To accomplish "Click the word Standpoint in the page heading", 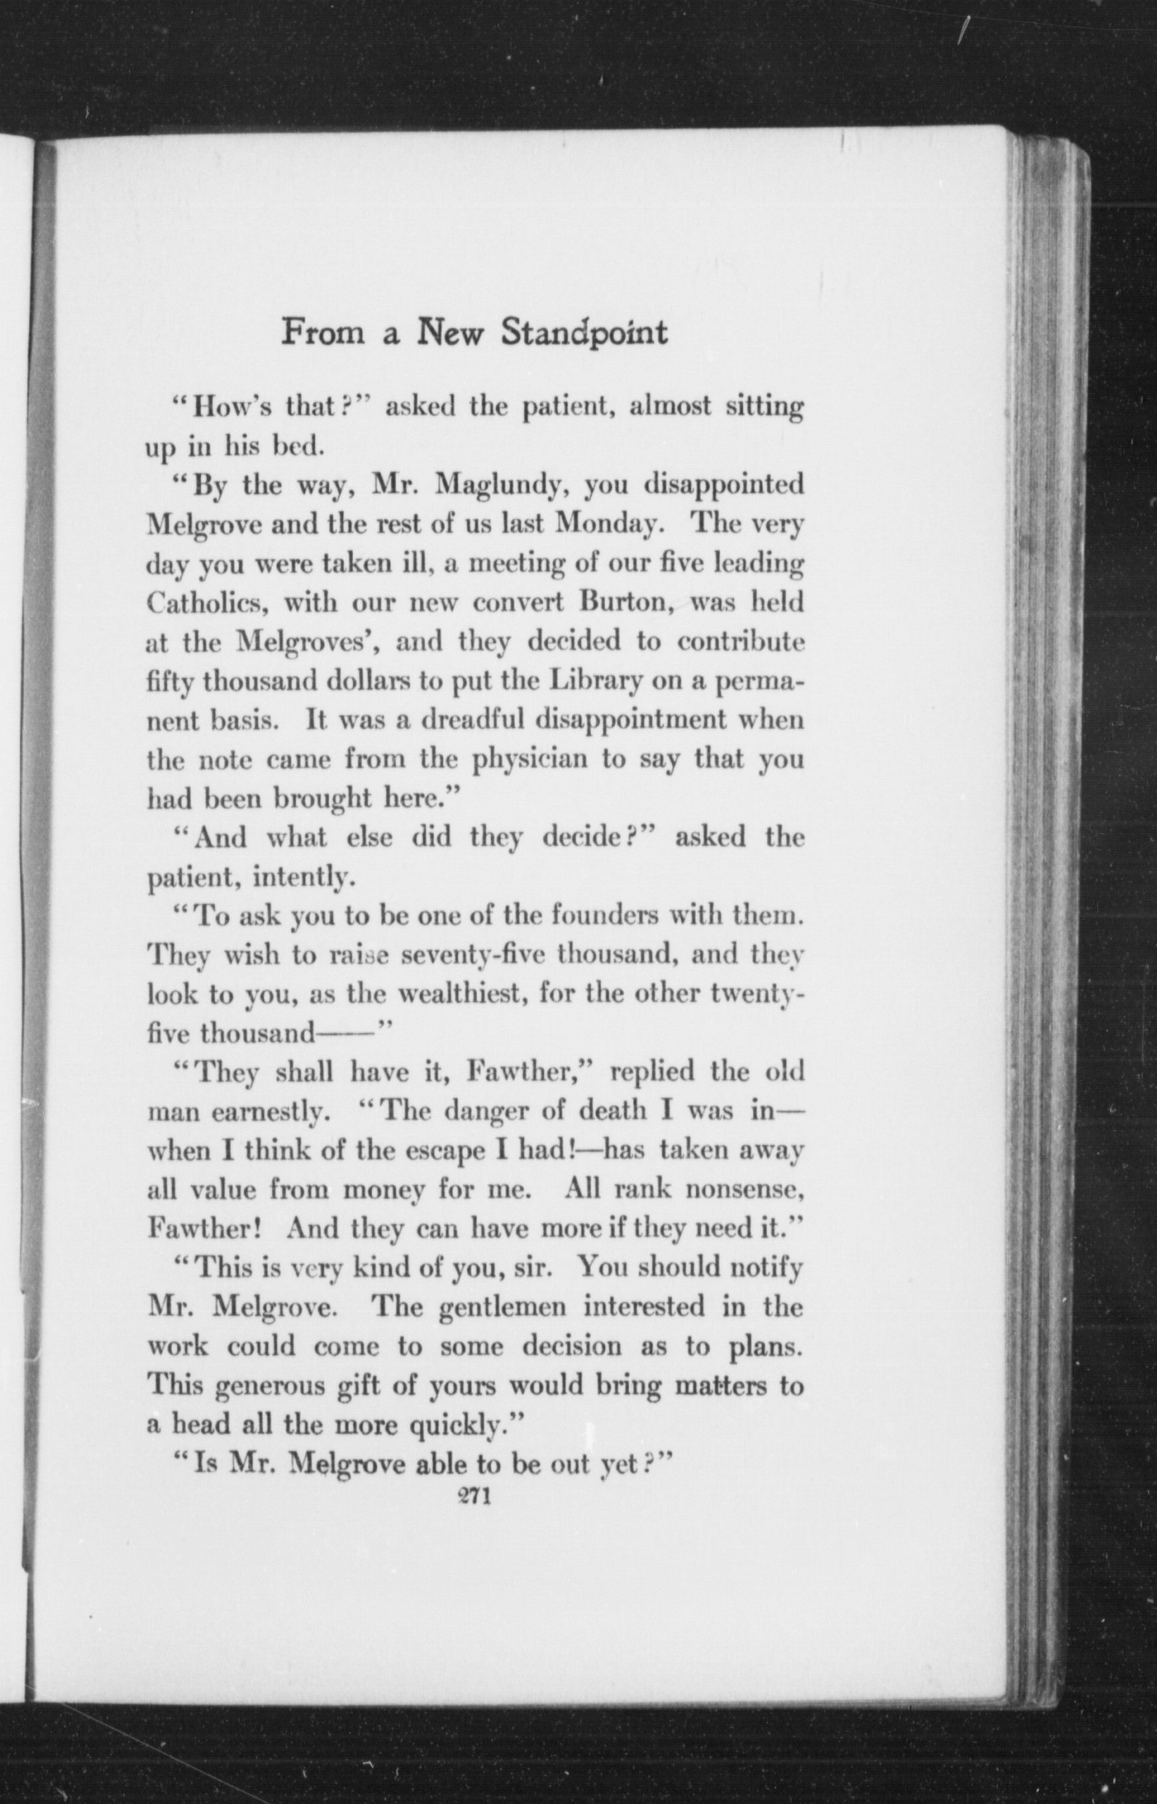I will [x=584, y=334].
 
